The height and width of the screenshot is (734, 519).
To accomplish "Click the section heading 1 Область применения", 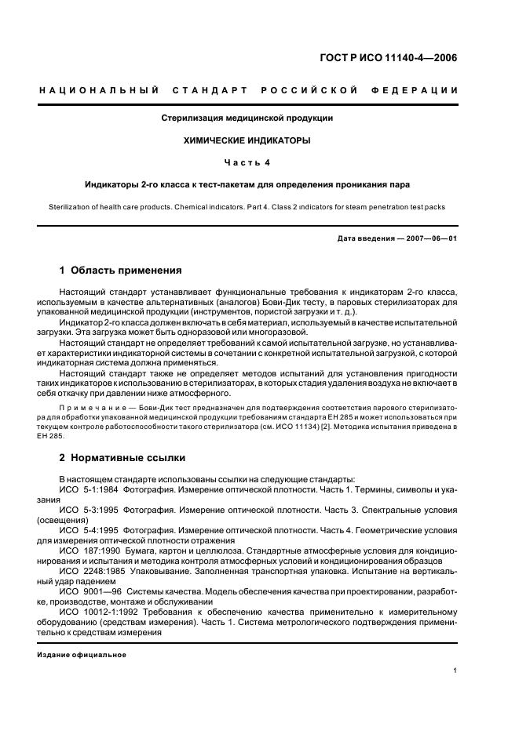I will point(121,271).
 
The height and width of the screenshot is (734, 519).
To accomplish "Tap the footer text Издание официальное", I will point(82,654).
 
